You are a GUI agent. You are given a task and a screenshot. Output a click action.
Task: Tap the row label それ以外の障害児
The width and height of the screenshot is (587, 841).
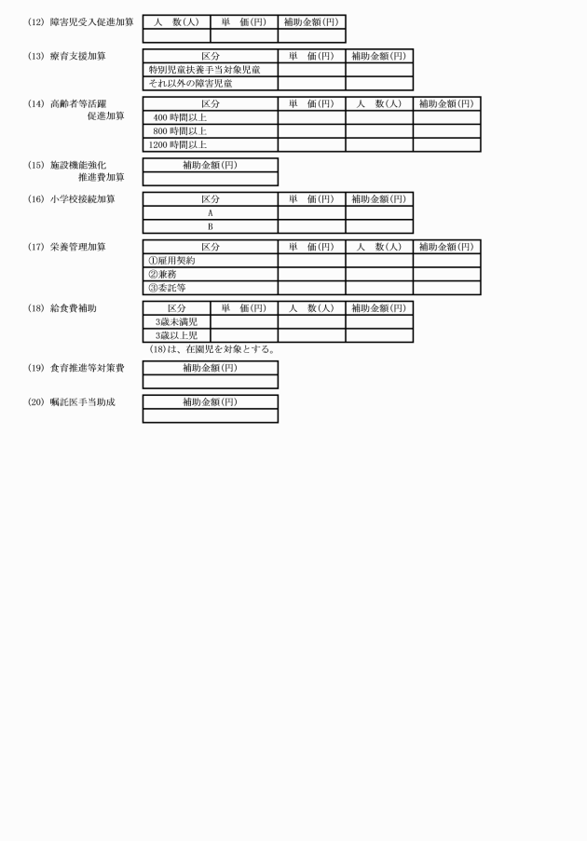pyautogui.click(x=191, y=84)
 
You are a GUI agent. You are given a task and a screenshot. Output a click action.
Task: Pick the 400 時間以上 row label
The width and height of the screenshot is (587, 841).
pyautogui.click(x=180, y=117)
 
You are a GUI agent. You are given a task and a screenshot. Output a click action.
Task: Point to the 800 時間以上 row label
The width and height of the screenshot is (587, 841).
pyautogui.click(x=180, y=131)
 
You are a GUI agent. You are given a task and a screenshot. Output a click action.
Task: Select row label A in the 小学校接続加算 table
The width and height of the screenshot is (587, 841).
pyautogui.click(x=211, y=212)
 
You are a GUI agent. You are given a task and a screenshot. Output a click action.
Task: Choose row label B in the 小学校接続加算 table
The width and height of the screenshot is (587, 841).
pyautogui.click(x=211, y=226)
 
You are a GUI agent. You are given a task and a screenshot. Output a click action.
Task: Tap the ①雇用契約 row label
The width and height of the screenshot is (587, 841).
pyautogui.click(x=171, y=261)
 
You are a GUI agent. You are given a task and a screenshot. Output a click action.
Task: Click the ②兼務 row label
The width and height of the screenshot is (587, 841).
pyautogui.click(x=162, y=274)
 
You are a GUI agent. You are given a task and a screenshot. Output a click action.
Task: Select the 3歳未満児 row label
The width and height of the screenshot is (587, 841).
pyautogui.click(x=176, y=321)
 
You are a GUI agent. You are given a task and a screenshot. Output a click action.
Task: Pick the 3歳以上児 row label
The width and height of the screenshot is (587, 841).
pyautogui.click(x=176, y=335)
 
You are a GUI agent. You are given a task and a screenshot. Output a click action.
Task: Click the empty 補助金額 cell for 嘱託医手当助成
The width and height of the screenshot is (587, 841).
pyautogui.click(x=211, y=415)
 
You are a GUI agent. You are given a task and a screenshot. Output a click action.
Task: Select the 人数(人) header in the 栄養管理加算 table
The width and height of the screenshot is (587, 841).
pyautogui.click(x=379, y=247)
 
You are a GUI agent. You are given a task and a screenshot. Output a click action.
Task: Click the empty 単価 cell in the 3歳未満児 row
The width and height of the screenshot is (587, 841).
pyautogui.click(x=244, y=321)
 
